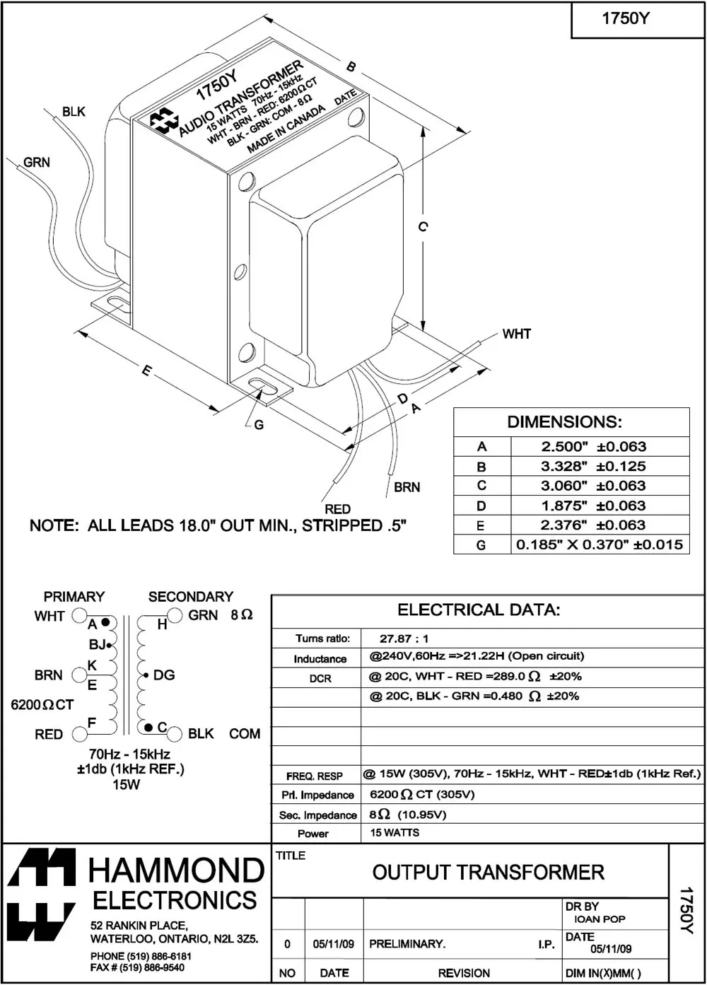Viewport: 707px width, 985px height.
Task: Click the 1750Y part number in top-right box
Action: click(x=625, y=19)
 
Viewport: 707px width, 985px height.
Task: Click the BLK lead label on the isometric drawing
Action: click(x=74, y=112)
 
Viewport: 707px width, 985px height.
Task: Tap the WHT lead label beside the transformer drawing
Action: click(x=516, y=334)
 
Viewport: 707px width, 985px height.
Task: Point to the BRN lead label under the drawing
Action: click(x=407, y=487)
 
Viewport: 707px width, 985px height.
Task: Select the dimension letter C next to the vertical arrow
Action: click(x=422, y=226)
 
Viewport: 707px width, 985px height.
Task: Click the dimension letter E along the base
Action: click(x=146, y=371)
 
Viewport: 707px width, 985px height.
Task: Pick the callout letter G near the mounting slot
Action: click(x=259, y=425)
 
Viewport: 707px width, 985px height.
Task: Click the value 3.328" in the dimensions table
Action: click(x=564, y=466)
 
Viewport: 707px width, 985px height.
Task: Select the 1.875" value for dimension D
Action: click(x=564, y=506)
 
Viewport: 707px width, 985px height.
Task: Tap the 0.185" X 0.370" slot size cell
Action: click(x=600, y=544)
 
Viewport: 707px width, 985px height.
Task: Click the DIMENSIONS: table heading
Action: click(x=564, y=422)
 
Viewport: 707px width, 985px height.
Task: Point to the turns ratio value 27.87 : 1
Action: click(x=404, y=639)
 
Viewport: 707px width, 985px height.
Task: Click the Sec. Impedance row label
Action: click(x=317, y=815)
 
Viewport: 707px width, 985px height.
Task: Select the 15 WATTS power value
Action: click(x=395, y=833)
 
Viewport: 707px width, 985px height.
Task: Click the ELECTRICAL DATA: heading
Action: click(x=479, y=610)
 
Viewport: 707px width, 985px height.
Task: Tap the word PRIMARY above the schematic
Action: click(x=74, y=597)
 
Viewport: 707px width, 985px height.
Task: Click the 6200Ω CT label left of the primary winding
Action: click(x=42, y=705)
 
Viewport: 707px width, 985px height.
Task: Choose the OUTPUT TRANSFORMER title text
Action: click(x=488, y=873)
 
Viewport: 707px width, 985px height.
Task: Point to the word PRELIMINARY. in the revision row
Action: click(x=407, y=944)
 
